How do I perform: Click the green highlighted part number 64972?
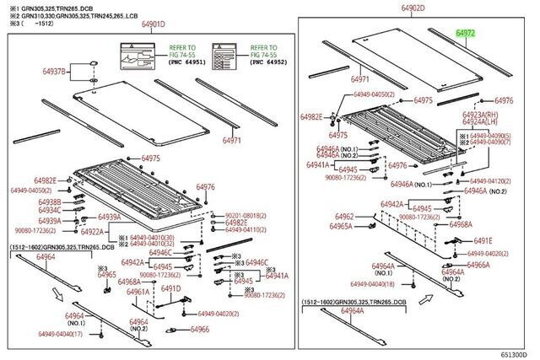[x=466, y=33]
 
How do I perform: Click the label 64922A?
[x=92, y=232]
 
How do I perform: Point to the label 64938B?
[x=48, y=201]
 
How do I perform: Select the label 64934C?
[x=48, y=210]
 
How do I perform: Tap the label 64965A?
[x=341, y=227]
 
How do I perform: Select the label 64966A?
[x=478, y=265]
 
